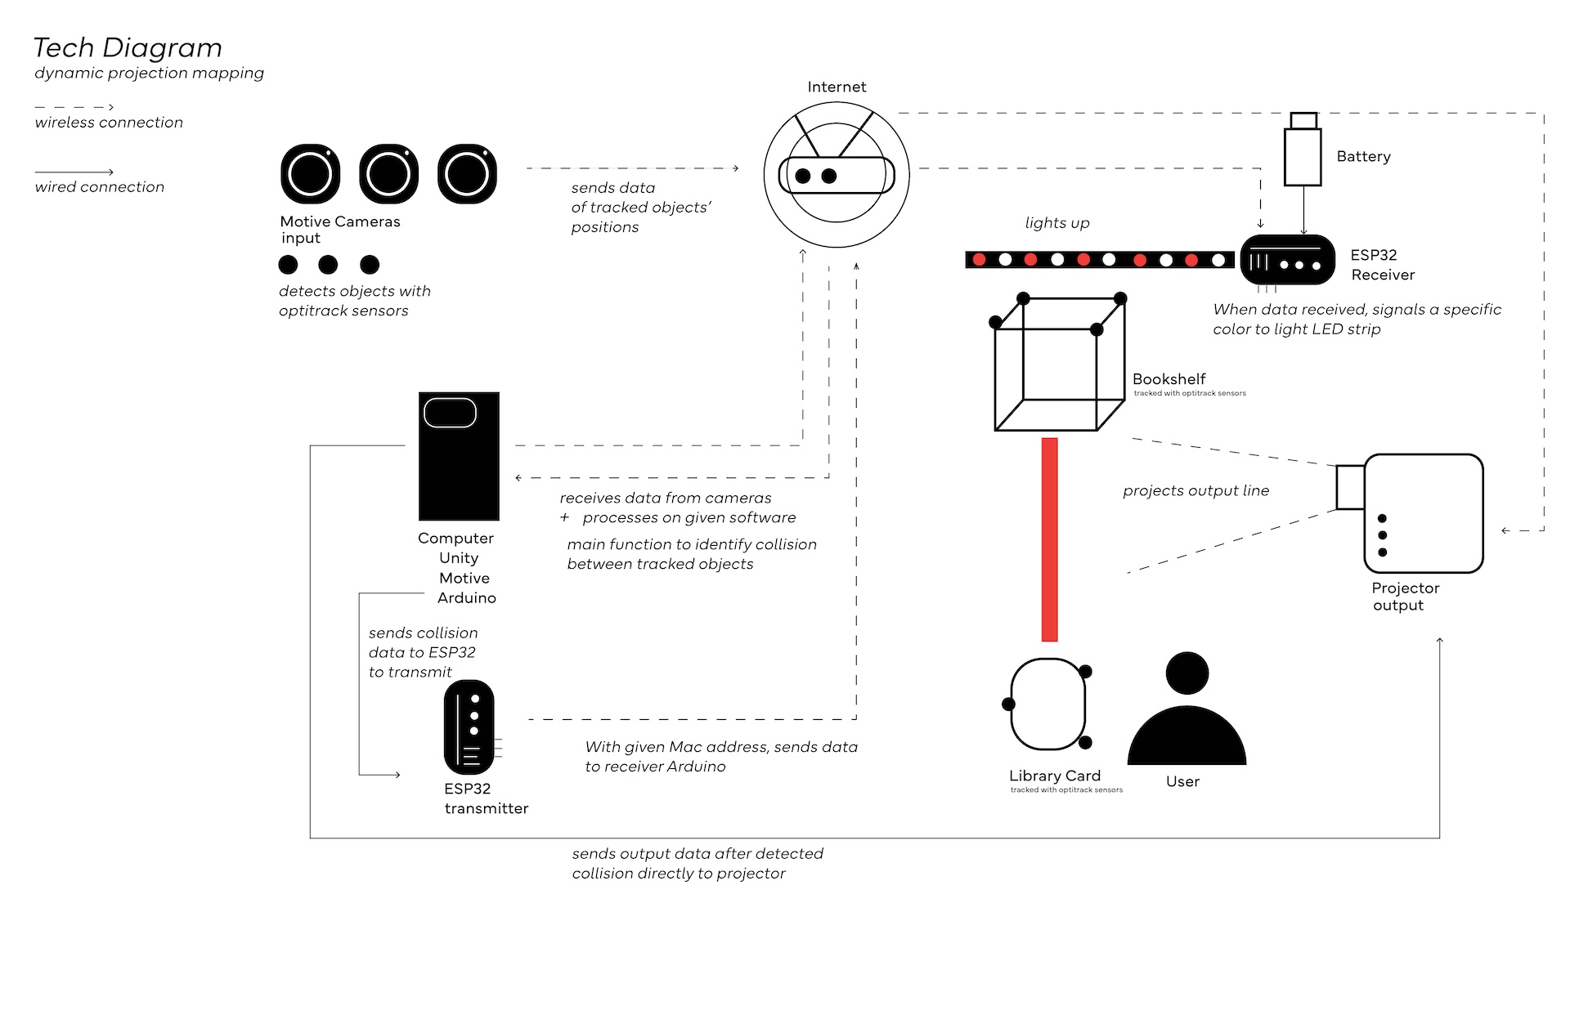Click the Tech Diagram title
click(128, 48)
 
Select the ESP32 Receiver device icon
click(1287, 260)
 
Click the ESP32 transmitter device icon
click(469, 727)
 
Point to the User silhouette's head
click(1186, 673)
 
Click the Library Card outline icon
click(1047, 704)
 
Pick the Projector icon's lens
click(1350, 487)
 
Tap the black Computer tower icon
click(459, 456)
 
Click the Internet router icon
click(837, 174)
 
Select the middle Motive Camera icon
click(388, 173)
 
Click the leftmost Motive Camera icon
click(310, 173)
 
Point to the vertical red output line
click(1049, 539)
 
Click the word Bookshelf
click(1169, 379)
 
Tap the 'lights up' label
click(1057, 223)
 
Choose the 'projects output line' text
click(1195, 490)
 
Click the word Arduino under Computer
click(466, 597)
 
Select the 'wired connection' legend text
click(100, 187)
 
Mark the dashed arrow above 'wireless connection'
click(74, 107)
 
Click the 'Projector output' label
click(1405, 597)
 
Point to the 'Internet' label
click(837, 87)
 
